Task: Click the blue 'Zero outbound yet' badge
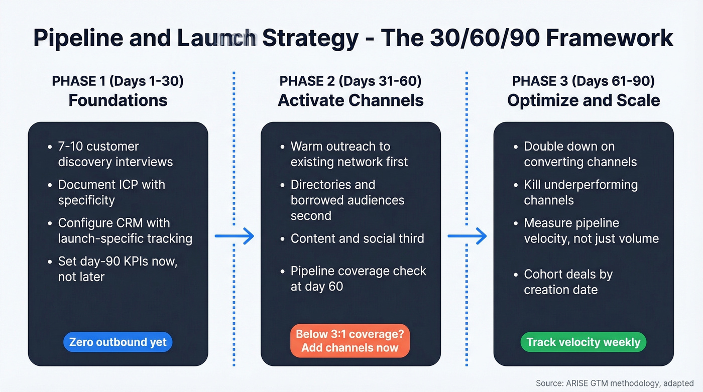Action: coord(118,342)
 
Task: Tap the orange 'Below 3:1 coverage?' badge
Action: coord(350,340)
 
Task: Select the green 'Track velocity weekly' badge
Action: coord(583,342)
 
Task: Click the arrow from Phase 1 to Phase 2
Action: coord(235,235)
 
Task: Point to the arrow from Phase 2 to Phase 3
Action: coord(467,235)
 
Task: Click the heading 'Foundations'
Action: coord(118,100)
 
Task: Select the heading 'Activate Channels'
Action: coord(350,100)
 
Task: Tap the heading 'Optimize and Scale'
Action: coord(583,100)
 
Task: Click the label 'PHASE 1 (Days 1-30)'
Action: coord(118,81)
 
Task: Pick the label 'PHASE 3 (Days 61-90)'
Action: coord(583,81)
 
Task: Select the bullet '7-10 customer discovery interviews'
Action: coord(115,154)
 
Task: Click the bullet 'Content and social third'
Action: coord(357,238)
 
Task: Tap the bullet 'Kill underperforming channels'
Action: coord(580,192)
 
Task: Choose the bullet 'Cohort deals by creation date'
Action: coord(568,282)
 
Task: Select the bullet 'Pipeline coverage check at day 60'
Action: coord(358,279)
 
